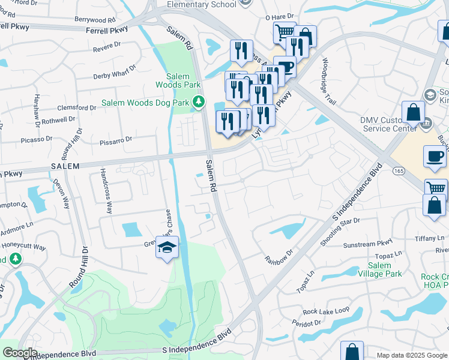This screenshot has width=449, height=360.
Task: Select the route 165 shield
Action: (399, 171)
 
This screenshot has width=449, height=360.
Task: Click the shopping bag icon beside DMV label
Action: (414, 113)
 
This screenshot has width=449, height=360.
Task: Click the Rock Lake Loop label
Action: (326, 311)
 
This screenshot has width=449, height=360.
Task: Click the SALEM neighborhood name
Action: (66, 166)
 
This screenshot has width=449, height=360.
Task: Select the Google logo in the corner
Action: (19, 353)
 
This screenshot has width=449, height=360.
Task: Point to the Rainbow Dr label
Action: (279, 256)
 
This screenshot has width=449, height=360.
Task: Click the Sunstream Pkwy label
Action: (367, 244)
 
